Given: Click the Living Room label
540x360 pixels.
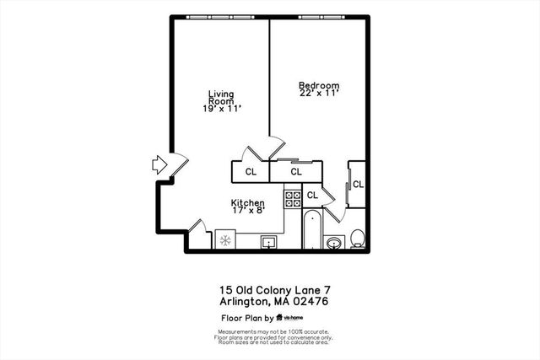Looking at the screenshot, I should [x=221, y=99].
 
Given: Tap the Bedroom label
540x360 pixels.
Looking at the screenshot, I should [x=319, y=85].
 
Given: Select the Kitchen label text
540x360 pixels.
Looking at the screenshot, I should [x=248, y=203].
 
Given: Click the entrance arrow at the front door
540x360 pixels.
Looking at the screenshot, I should [x=159, y=164].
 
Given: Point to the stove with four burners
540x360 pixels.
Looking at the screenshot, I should [x=293, y=198].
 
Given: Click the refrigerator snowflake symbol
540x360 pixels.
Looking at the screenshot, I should [x=225, y=241].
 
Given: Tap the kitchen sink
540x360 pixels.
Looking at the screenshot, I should [x=271, y=243].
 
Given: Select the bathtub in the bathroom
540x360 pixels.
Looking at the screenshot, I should [x=310, y=231].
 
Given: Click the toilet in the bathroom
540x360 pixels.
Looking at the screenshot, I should [x=358, y=239].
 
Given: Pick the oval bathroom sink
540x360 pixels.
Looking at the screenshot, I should [x=334, y=244].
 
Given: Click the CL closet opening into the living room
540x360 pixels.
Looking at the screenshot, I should [x=251, y=172].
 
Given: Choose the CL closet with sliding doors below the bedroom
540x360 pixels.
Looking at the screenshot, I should [x=296, y=172].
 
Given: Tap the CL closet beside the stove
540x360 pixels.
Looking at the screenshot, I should [x=312, y=196].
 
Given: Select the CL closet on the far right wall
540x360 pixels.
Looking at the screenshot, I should [x=358, y=184].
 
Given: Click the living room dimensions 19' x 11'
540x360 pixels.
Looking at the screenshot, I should [x=221, y=110].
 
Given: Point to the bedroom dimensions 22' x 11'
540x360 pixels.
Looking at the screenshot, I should [x=319, y=95].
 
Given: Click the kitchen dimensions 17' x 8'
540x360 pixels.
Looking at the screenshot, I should [x=248, y=211].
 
